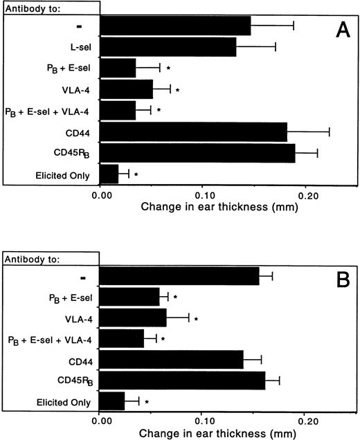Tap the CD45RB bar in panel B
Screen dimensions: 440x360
[183, 381]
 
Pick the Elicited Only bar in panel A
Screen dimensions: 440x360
[109, 174]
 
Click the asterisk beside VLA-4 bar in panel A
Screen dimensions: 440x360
[178, 90]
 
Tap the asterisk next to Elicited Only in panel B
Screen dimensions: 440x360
[147, 402]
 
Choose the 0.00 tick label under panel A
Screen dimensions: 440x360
[100, 194]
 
